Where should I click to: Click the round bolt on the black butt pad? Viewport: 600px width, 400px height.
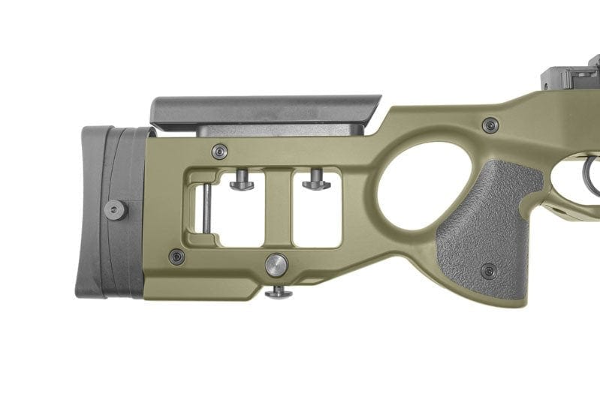[115, 209]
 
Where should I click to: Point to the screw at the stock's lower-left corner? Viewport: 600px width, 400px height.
[177, 257]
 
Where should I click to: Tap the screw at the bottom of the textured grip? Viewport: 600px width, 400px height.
[488, 269]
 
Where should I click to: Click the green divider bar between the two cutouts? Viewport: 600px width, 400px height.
[278, 210]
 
